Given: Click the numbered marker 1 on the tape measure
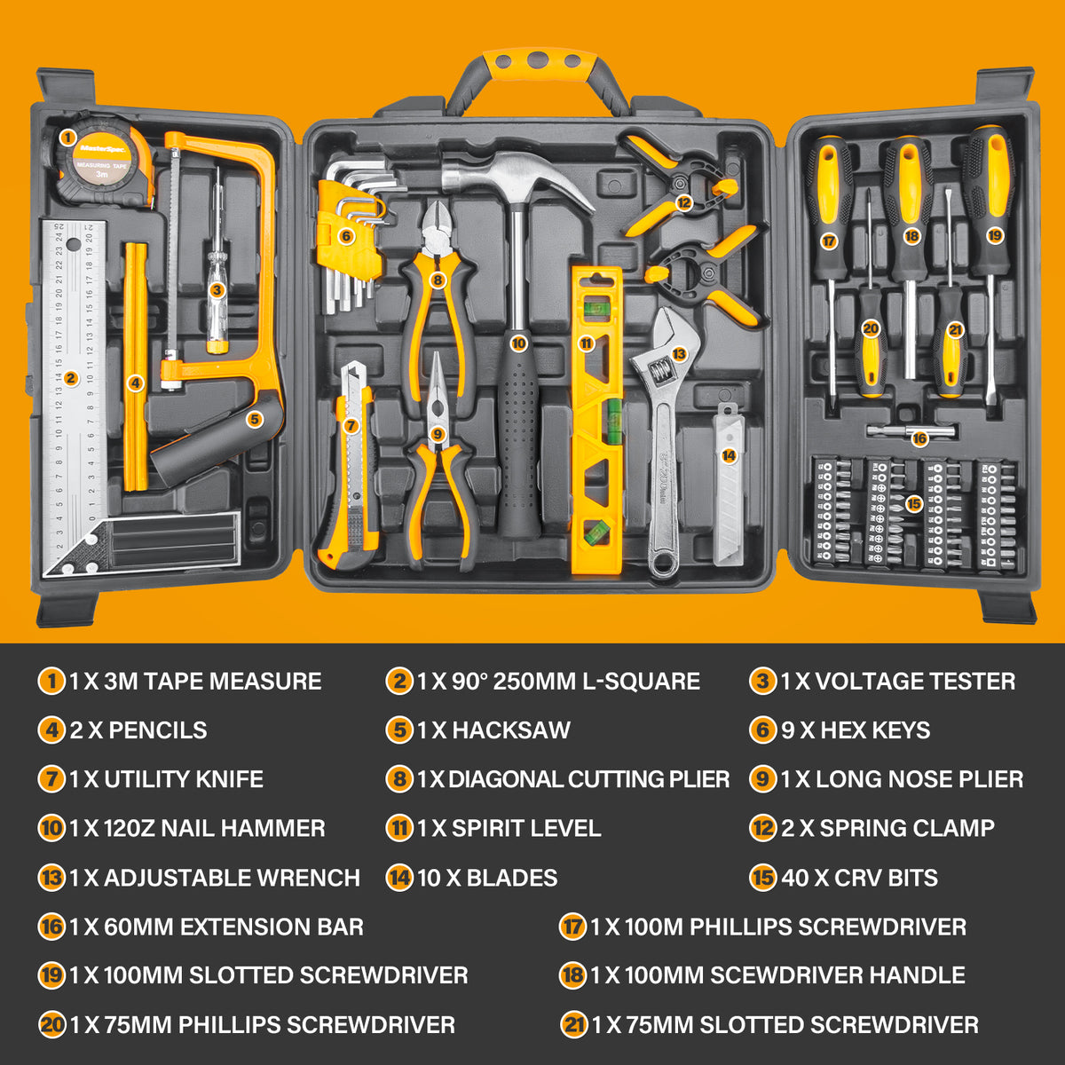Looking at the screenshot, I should (67, 137).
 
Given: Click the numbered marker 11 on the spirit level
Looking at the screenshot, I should (586, 343).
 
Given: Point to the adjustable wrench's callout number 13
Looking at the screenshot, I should (679, 353).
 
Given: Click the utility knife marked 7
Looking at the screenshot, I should (351, 425).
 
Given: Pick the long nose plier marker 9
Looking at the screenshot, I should (436, 434).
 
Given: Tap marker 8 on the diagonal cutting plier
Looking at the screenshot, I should (437, 280).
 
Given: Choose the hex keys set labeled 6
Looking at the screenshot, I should (346, 236).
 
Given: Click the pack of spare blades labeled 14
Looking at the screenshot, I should (729, 455).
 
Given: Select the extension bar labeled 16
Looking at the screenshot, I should (919, 438).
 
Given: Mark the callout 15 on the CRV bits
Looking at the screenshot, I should (914, 503).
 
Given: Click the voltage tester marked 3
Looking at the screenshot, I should (217, 289).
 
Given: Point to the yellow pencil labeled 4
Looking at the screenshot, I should (135, 383).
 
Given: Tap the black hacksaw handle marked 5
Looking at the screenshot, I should (253, 420).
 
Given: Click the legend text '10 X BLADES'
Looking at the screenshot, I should (486, 878).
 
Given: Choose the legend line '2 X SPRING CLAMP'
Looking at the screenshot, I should (887, 828).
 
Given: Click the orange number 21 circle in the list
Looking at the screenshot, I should (575, 1025).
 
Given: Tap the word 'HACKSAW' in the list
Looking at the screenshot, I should (510, 730).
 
